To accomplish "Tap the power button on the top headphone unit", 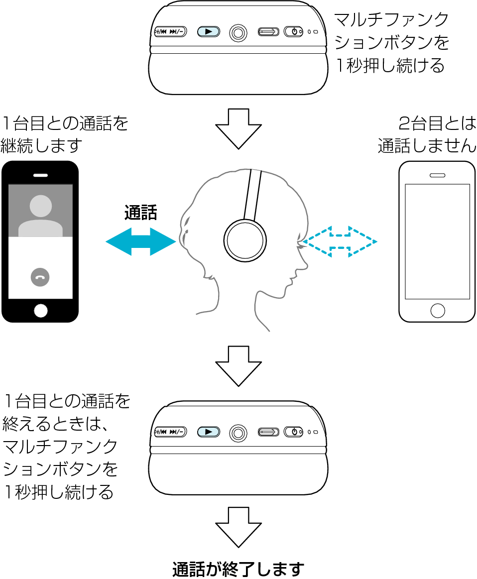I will pyautogui.click(x=294, y=32).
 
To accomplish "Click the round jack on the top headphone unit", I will pyautogui.click(x=238, y=32).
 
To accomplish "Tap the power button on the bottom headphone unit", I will pyautogui.click(x=294, y=432).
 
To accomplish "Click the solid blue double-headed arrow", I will pyautogui.click(x=141, y=242).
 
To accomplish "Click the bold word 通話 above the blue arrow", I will pyautogui.click(x=140, y=213).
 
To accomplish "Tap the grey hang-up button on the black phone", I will pyautogui.click(x=40, y=277).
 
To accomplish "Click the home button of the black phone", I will pyautogui.click(x=41, y=311).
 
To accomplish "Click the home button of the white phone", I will pyautogui.click(x=437, y=310).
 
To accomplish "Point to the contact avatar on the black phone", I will pyautogui.click(x=41, y=212).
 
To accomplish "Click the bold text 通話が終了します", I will pyautogui.click(x=238, y=569).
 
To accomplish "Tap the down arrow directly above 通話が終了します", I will pyautogui.click(x=238, y=527).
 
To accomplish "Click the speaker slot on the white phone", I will pyautogui.click(x=437, y=175).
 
